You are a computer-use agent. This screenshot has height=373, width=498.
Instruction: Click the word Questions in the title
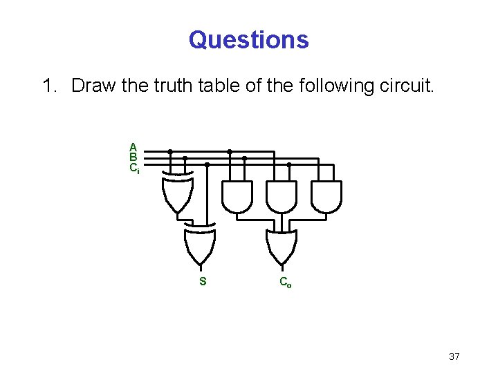tap(248, 39)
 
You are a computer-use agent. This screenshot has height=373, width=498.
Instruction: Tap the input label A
tap(133, 146)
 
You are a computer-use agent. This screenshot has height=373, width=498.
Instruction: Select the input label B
tap(133, 157)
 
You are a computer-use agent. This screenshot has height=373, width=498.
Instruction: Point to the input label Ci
tap(134, 167)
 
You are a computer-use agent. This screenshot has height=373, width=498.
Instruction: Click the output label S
tap(203, 282)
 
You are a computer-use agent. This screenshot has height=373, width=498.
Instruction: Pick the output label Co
tap(285, 282)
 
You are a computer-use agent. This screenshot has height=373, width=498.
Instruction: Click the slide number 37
tap(454, 356)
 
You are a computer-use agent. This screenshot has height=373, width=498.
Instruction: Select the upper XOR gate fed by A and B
tap(178, 195)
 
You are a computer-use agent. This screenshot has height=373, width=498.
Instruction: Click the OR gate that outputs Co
tap(282, 245)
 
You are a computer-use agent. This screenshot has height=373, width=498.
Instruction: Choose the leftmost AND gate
tap(237, 197)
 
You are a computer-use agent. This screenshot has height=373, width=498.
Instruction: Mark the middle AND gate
tap(282, 197)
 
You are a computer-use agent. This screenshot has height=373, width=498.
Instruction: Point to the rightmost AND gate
tap(326, 197)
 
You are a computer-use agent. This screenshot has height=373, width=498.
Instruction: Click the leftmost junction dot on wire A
tap(170, 151)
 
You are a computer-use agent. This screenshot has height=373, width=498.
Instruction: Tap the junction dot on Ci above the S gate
tap(207, 165)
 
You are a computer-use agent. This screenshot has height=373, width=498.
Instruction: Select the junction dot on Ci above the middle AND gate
tap(288, 165)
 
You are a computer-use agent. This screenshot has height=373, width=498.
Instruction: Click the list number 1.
tap(48, 86)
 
